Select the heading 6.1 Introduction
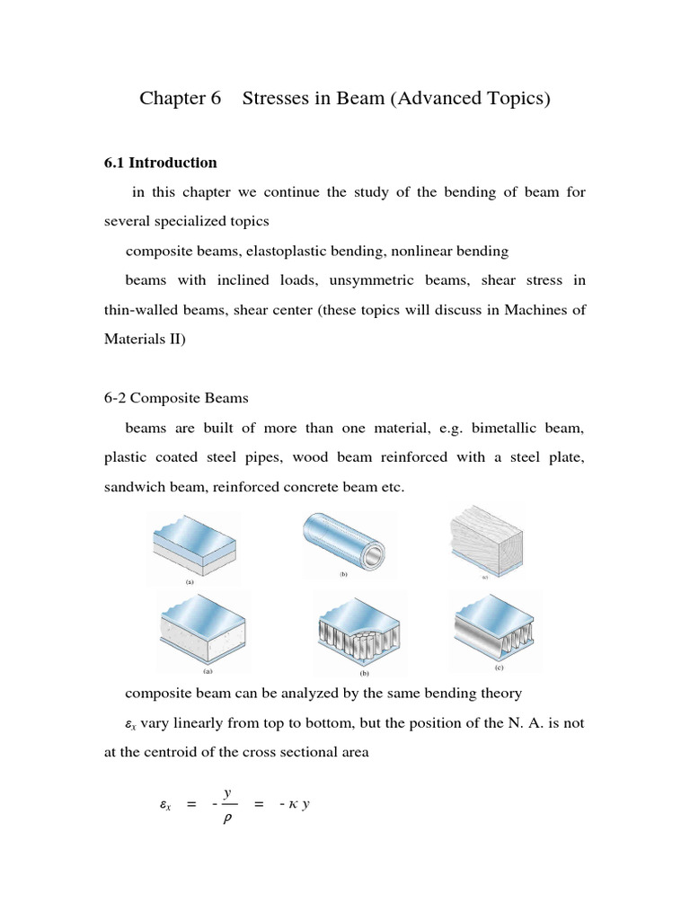[x=161, y=163]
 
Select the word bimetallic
[x=508, y=428]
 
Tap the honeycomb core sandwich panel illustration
[x=345, y=628]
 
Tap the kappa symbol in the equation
[x=294, y=805]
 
